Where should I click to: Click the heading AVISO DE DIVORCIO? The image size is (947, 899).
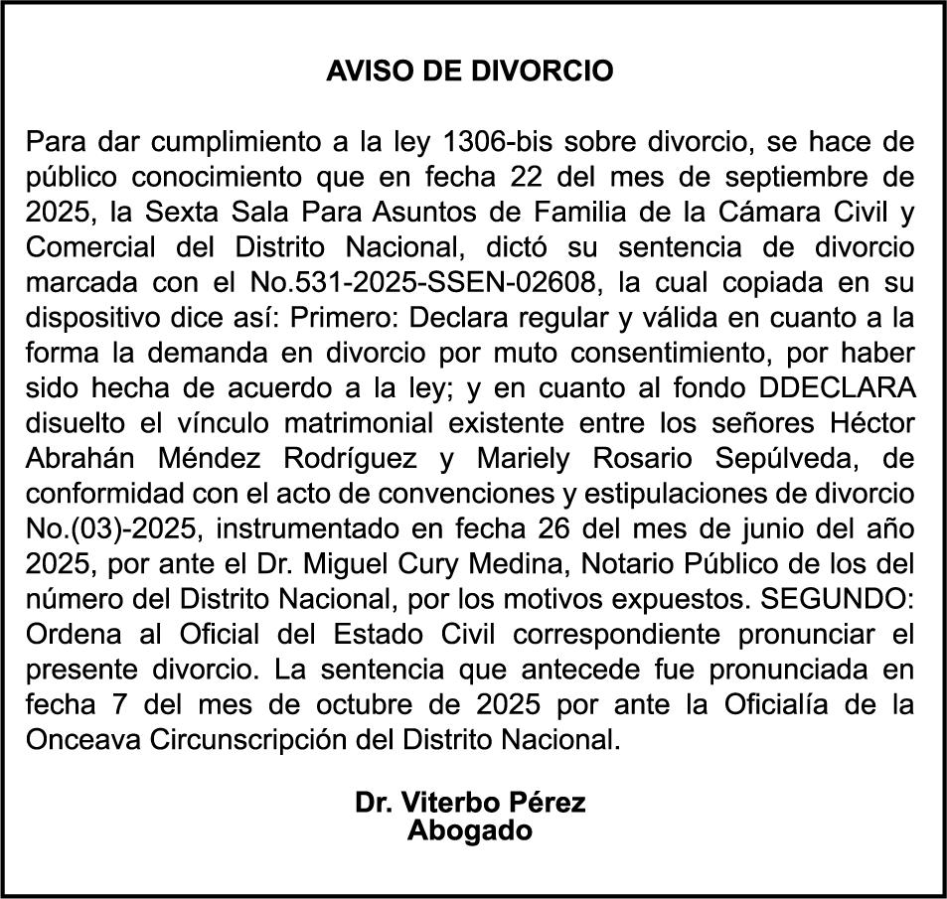click(x=470, y=72)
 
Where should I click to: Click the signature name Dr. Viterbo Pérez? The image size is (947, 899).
click(x=470, y=802)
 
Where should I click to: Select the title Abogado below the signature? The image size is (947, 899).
click(x=470, y=830)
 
